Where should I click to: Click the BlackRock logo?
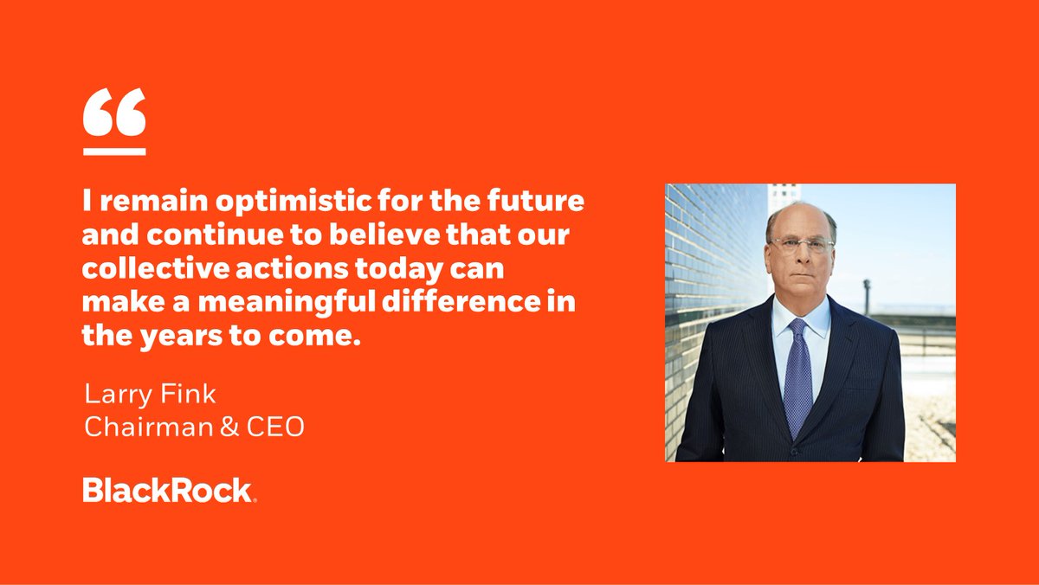170,491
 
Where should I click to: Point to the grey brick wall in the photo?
701,286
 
